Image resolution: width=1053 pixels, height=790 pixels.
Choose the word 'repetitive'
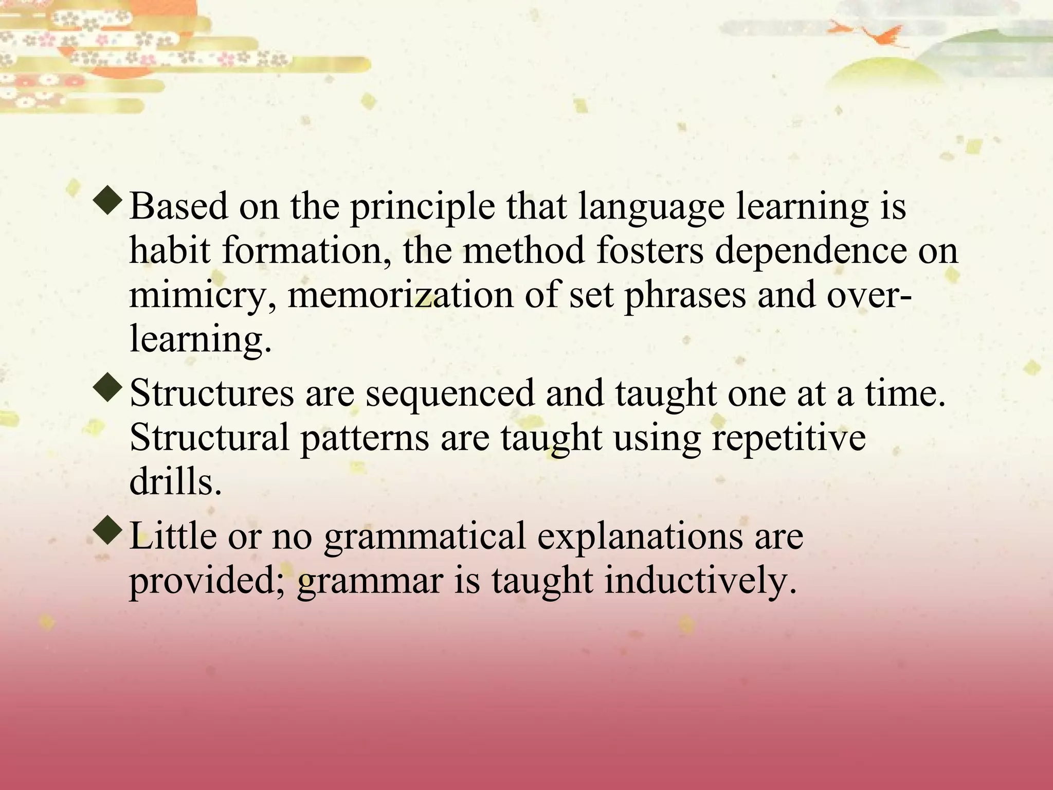coord(789,438)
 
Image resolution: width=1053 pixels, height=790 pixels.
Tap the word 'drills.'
coord(175,482)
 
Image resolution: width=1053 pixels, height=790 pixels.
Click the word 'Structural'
coord(209,438)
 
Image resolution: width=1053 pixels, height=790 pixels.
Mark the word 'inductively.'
coord(700,581)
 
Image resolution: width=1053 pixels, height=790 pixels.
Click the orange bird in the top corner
coord(874,33)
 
